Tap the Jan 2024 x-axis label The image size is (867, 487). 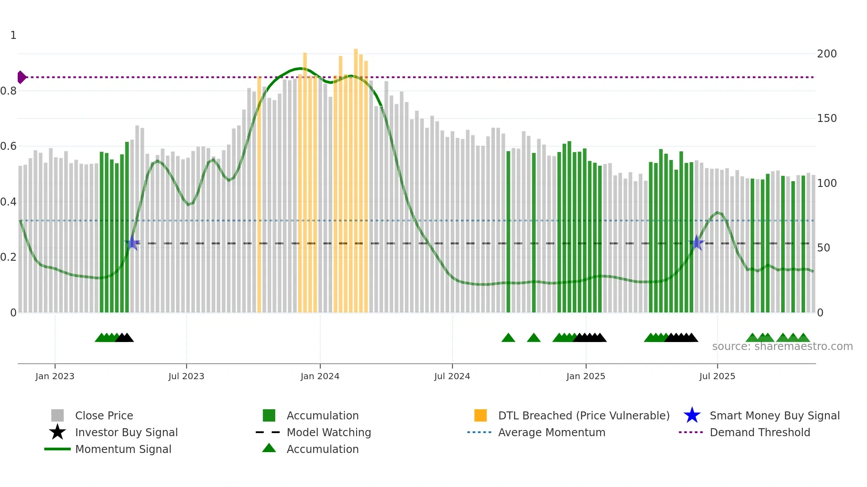click(x=320, y=377)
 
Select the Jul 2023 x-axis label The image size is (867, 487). click(x=186, y=377)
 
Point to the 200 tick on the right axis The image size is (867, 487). click(x=827, y=54)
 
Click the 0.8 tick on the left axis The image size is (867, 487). click(x=8, y=91)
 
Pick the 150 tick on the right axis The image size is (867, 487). click(x=827, y=118)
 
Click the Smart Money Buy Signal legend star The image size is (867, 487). click(x=692, y=415)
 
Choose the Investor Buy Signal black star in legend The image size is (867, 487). click(x=58, y=432)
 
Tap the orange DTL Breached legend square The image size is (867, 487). click(x=480, y=415)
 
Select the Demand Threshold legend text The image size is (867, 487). click(x=760, y=432)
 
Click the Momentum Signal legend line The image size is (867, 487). click(x=58, y=449)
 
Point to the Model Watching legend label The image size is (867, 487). click(x=329, y=432)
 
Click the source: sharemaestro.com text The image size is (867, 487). click(x=782, y=346)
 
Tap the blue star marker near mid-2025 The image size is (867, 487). click(x=697, y=243)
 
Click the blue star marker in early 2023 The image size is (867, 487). click(x=132, y=243)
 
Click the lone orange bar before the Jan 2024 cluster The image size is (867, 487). click(x=259, y=194)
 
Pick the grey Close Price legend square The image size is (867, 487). click(x=58, y=415)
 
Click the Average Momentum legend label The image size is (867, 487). click(x=552, y=432)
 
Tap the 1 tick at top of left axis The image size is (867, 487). click(x=13, y=35)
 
